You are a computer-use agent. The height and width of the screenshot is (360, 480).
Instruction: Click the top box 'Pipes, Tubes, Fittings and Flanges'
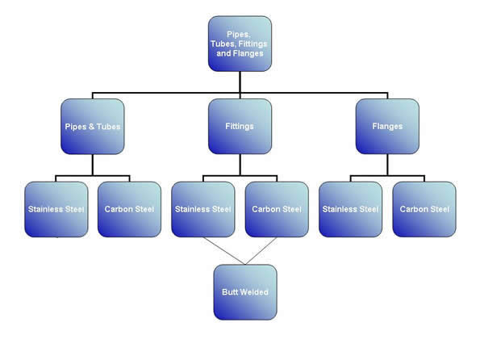(x=240, y=44)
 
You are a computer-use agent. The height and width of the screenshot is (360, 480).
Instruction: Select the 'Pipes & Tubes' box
(x=93, y=126)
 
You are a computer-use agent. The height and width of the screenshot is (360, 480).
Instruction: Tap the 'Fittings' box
(x=240, y=126)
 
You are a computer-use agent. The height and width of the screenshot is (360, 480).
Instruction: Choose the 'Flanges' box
(x=387, y=126)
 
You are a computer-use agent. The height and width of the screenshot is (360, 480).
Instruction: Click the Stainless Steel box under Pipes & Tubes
(x=56, y=209)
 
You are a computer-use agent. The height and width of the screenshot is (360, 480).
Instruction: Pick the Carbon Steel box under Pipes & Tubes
(x=130, y=209)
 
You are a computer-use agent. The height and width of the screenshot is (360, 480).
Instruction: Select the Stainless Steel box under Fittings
(x=203, y=209)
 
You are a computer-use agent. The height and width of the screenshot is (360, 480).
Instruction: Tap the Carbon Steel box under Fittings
(x=277, y=209)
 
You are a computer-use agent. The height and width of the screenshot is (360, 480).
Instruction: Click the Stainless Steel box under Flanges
(x=350, y=209)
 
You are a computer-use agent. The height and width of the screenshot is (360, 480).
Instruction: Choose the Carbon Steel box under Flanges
(x=424, y=209)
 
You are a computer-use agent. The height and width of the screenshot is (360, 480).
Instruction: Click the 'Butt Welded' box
(x=245, y=292)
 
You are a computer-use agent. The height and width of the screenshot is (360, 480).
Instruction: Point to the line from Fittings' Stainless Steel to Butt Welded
(x=224, y=250)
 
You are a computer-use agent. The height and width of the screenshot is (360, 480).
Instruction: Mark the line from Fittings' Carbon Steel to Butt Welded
(x=261, y=250)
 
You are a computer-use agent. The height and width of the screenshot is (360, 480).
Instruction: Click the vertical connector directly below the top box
(x=240, y=82)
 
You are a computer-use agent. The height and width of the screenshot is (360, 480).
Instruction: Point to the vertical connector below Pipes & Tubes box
(x=93, y=165)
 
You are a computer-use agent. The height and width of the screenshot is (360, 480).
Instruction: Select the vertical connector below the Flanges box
(x=387, y=165)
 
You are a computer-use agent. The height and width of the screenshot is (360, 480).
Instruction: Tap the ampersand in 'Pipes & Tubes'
(x=91, y=127)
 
